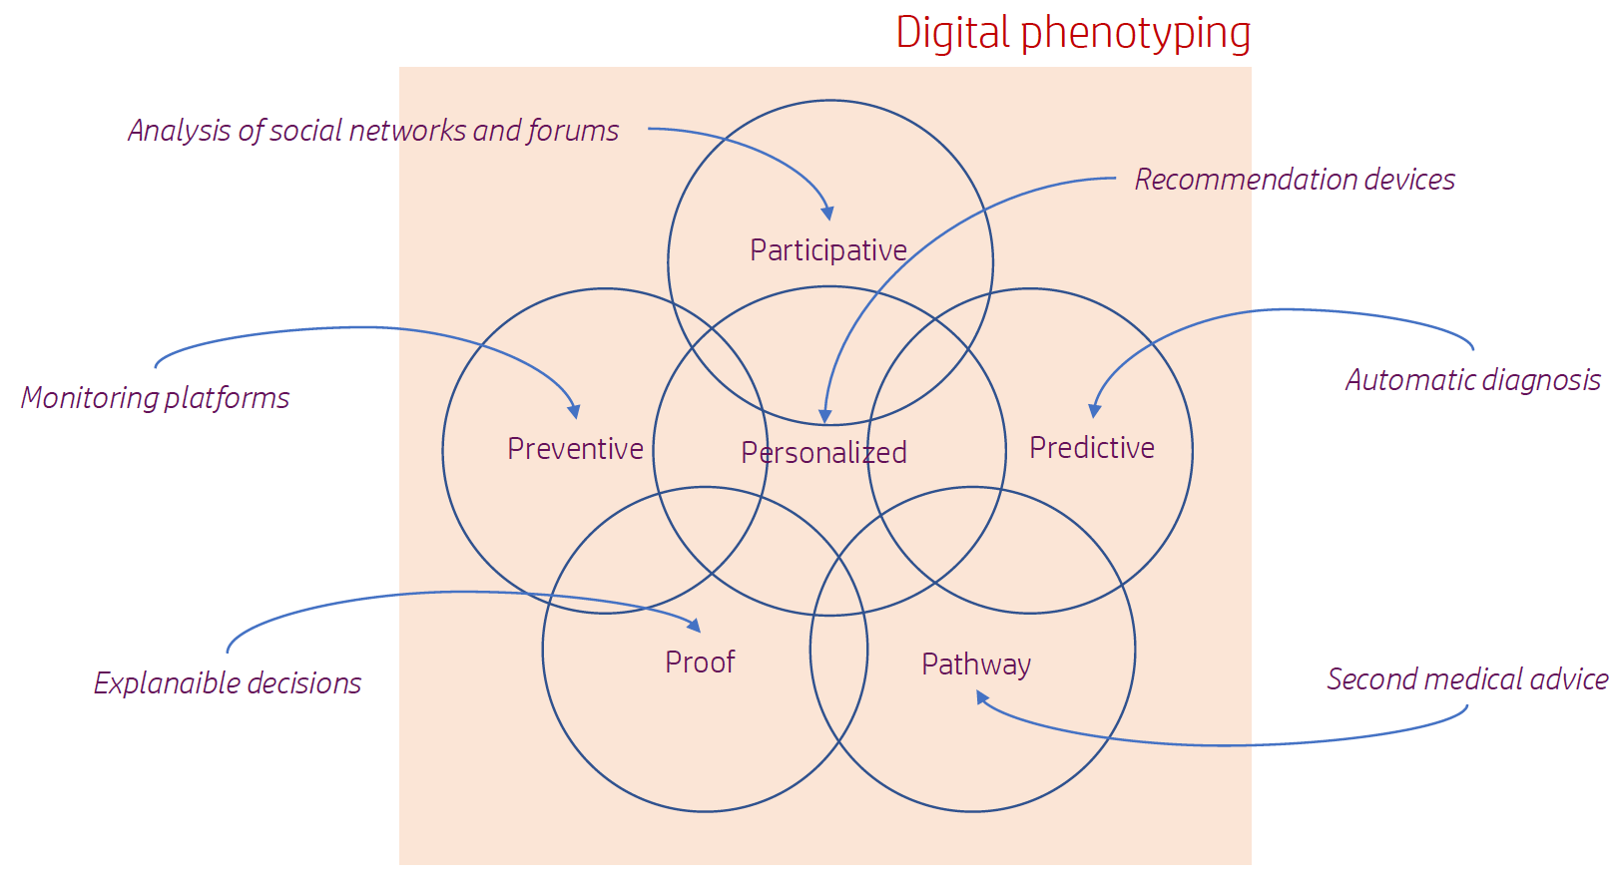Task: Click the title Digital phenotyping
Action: tap(1073, 34)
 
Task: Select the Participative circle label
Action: tap(828, 250)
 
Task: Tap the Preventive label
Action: tap(575, 449)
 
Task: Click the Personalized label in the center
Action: tap(824, 452)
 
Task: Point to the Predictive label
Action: tap(1092, 447)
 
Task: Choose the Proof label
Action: tap(700, 663)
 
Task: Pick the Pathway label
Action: tap(976, 664)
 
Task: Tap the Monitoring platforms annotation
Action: tap(155, 398)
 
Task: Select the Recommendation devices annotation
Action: tap(1295, 180)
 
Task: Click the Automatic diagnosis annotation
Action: tap(1473, 380)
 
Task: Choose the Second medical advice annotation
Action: tap(1467, 679)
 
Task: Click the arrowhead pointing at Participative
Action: tap(828, 214)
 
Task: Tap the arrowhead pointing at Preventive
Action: tap(575, 412)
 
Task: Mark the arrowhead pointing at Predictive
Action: tap(1094, 411)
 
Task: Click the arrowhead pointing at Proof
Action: tap(695, 626)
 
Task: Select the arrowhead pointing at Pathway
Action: tap(982, 697)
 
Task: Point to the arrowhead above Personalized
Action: tap(825, 416)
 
